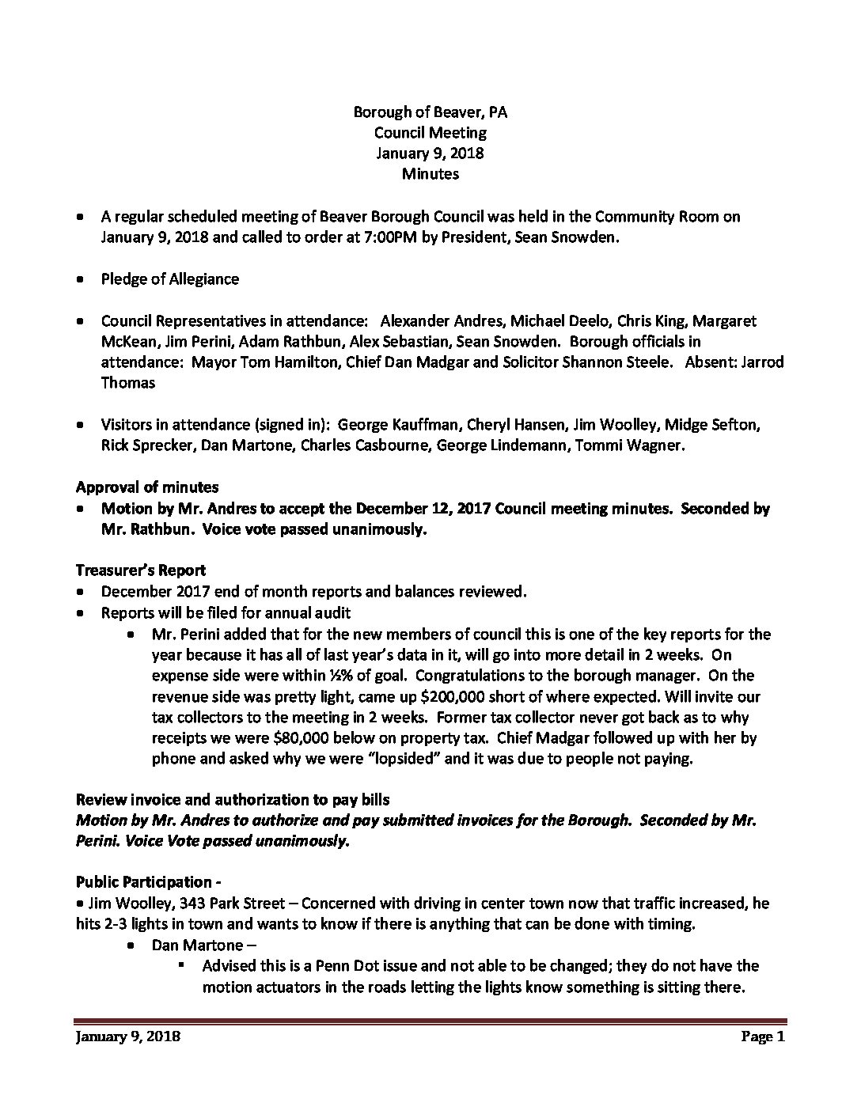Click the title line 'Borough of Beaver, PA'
[x=430, y=112]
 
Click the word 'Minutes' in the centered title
[x=430, y=173]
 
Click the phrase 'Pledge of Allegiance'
[x=169, y=278]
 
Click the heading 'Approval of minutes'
[x=147, y=487]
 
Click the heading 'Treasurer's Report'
[x=141, y=570]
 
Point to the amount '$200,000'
[x=370, y=696]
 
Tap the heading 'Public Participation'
[x=143, y=882]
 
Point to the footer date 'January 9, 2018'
[x=127, y=1036]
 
